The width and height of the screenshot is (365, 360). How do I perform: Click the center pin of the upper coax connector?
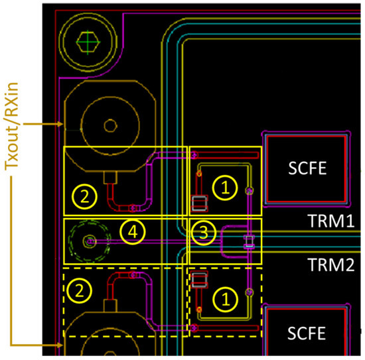(x=110, y=125)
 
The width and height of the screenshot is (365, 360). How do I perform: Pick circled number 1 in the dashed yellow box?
(x=224, y=299)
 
